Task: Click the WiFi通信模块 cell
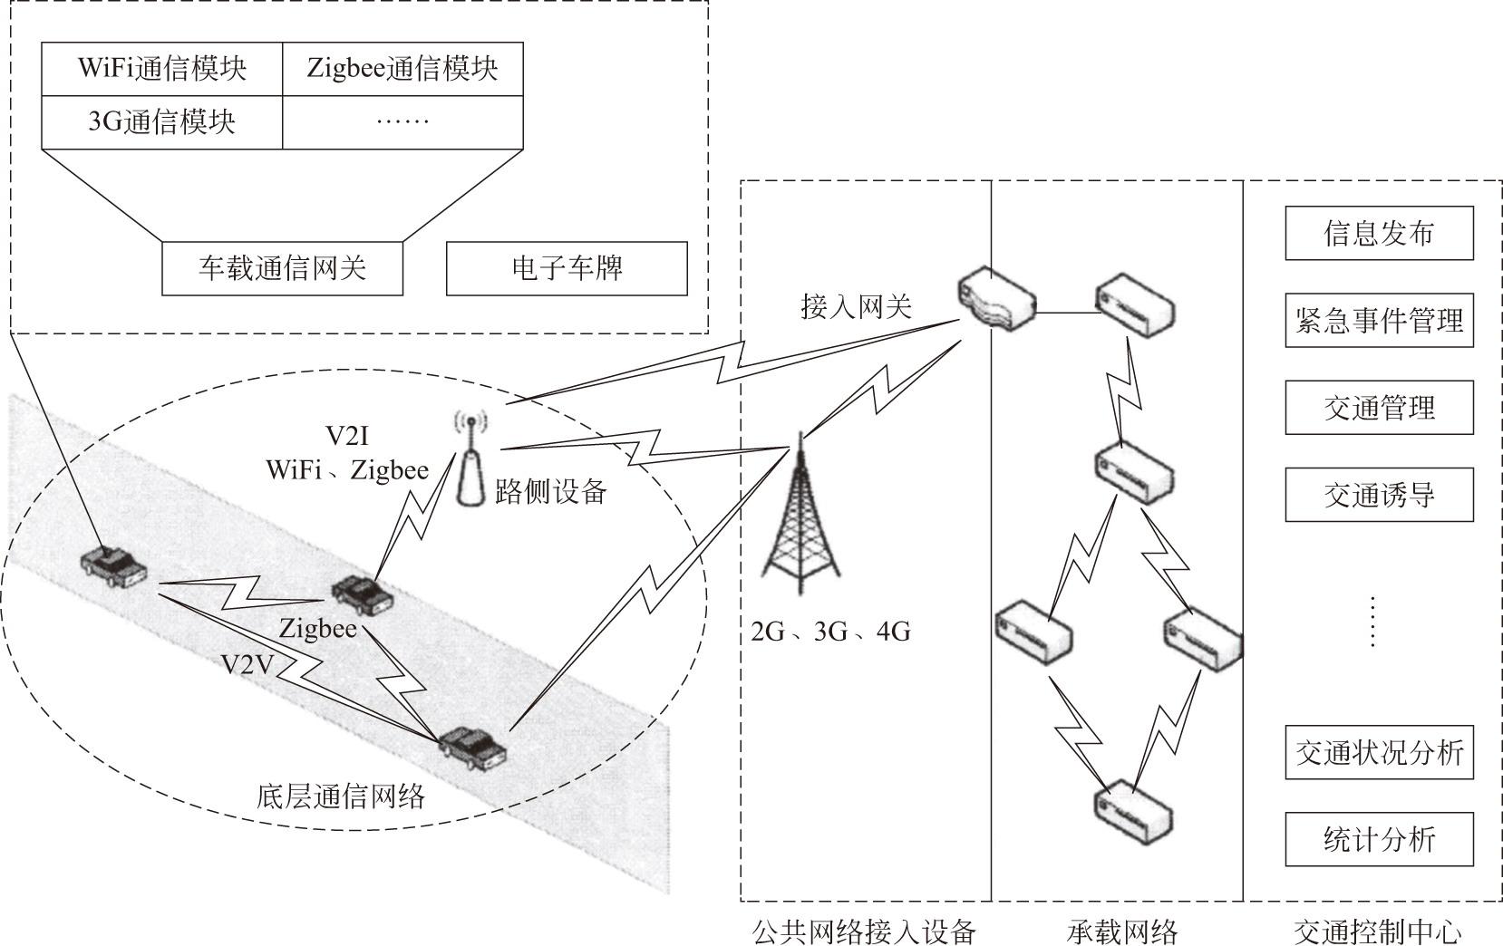pos(162,69)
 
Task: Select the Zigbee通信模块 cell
pos(402,69)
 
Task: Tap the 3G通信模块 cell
pos(162,121)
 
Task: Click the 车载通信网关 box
pos(282,268)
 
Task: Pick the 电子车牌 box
pos(567,268)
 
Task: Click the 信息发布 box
pos(1379,233)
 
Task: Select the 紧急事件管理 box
pos(1379,321)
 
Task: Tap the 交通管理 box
pos(1379,408)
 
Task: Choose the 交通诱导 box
pos(1379,495)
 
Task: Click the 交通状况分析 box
pos(1379,752)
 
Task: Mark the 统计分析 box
pos(1379,839)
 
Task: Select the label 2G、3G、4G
pos(830,631)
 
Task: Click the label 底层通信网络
pos(341,796)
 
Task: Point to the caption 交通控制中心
pos(1377,931)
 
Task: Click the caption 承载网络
pos(1121,931)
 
